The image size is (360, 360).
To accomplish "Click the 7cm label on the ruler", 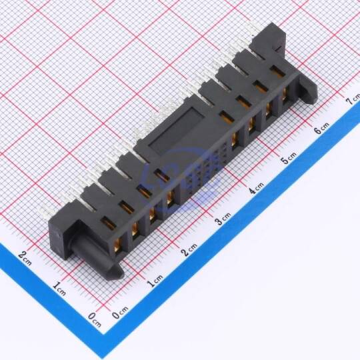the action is click(353, 99).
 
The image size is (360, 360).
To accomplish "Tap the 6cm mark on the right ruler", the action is click(321, 129).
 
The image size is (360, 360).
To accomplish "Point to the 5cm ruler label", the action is click(289, 157).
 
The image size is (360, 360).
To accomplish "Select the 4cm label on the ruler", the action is click(257, 188).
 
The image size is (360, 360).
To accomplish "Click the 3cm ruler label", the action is click(223, 219).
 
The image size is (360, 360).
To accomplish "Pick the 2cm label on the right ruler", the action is click(189, 249).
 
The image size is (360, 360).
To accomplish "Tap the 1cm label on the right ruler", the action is click(155, 280).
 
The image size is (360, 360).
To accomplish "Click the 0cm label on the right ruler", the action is click(120, 312).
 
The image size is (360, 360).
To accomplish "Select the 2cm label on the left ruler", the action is click(25, 258).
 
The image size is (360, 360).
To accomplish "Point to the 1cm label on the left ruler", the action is click(59, 289).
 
